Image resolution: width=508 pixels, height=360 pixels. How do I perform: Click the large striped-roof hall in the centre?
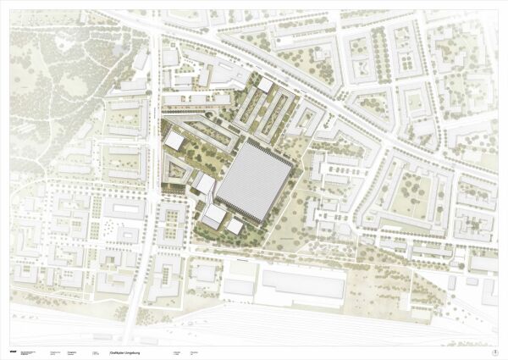point(253,181)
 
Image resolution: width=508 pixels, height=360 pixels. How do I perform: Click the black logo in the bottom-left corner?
point(14,341)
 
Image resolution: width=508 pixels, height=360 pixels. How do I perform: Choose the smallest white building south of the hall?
point(235,226)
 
